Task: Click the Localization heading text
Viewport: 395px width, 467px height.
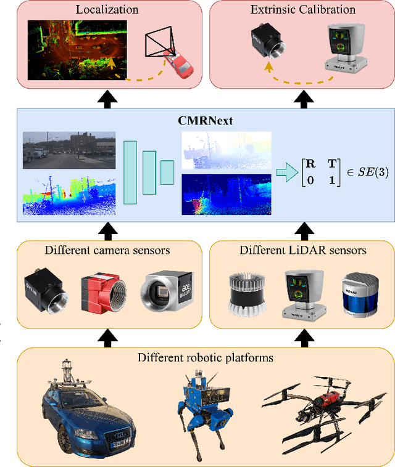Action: click(x=107, y=9)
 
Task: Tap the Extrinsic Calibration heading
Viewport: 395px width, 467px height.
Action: click(x=302, y=9)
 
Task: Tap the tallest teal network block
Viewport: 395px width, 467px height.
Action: click(x=130, y=172)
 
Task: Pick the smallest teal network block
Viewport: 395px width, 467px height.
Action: click(x=167, y=172)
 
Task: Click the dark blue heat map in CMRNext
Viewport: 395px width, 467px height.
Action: click(x=227, y=193)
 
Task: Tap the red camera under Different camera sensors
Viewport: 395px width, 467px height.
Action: click(x=102, y=293)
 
